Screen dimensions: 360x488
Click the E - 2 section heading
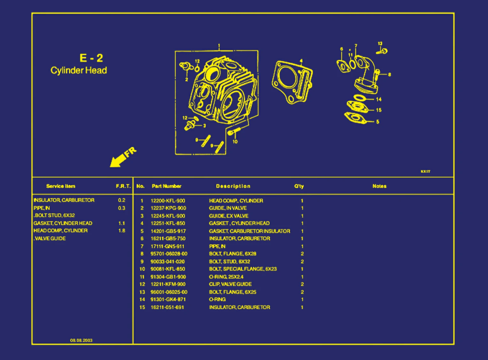[91, 58]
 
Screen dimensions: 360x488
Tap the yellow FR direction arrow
[123, 157]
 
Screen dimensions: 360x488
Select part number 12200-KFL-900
[168, 201]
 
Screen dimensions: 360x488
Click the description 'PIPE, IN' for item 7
[217, 246]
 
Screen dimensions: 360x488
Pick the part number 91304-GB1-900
[168, 277]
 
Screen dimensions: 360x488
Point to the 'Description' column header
[233, 186]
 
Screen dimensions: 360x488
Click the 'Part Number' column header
[166, 186]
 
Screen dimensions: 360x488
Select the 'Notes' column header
[379, 186]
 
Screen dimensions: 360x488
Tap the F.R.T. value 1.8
[122, 231]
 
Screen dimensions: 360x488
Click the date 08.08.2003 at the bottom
[81, 340]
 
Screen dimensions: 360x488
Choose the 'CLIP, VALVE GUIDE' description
[230, 284]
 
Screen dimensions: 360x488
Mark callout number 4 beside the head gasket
[301, 61]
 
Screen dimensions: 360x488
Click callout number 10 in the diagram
[235, 142]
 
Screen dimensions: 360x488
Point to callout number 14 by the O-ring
[379, 99]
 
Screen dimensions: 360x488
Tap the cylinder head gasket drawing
[292, 81]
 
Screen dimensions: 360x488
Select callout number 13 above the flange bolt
[380, 43]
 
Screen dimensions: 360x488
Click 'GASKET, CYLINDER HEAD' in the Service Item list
[63, 223]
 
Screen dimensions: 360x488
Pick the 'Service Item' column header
[61, 186]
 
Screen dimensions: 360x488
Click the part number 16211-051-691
[167, 307]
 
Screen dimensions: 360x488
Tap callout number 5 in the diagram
[377, 122]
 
